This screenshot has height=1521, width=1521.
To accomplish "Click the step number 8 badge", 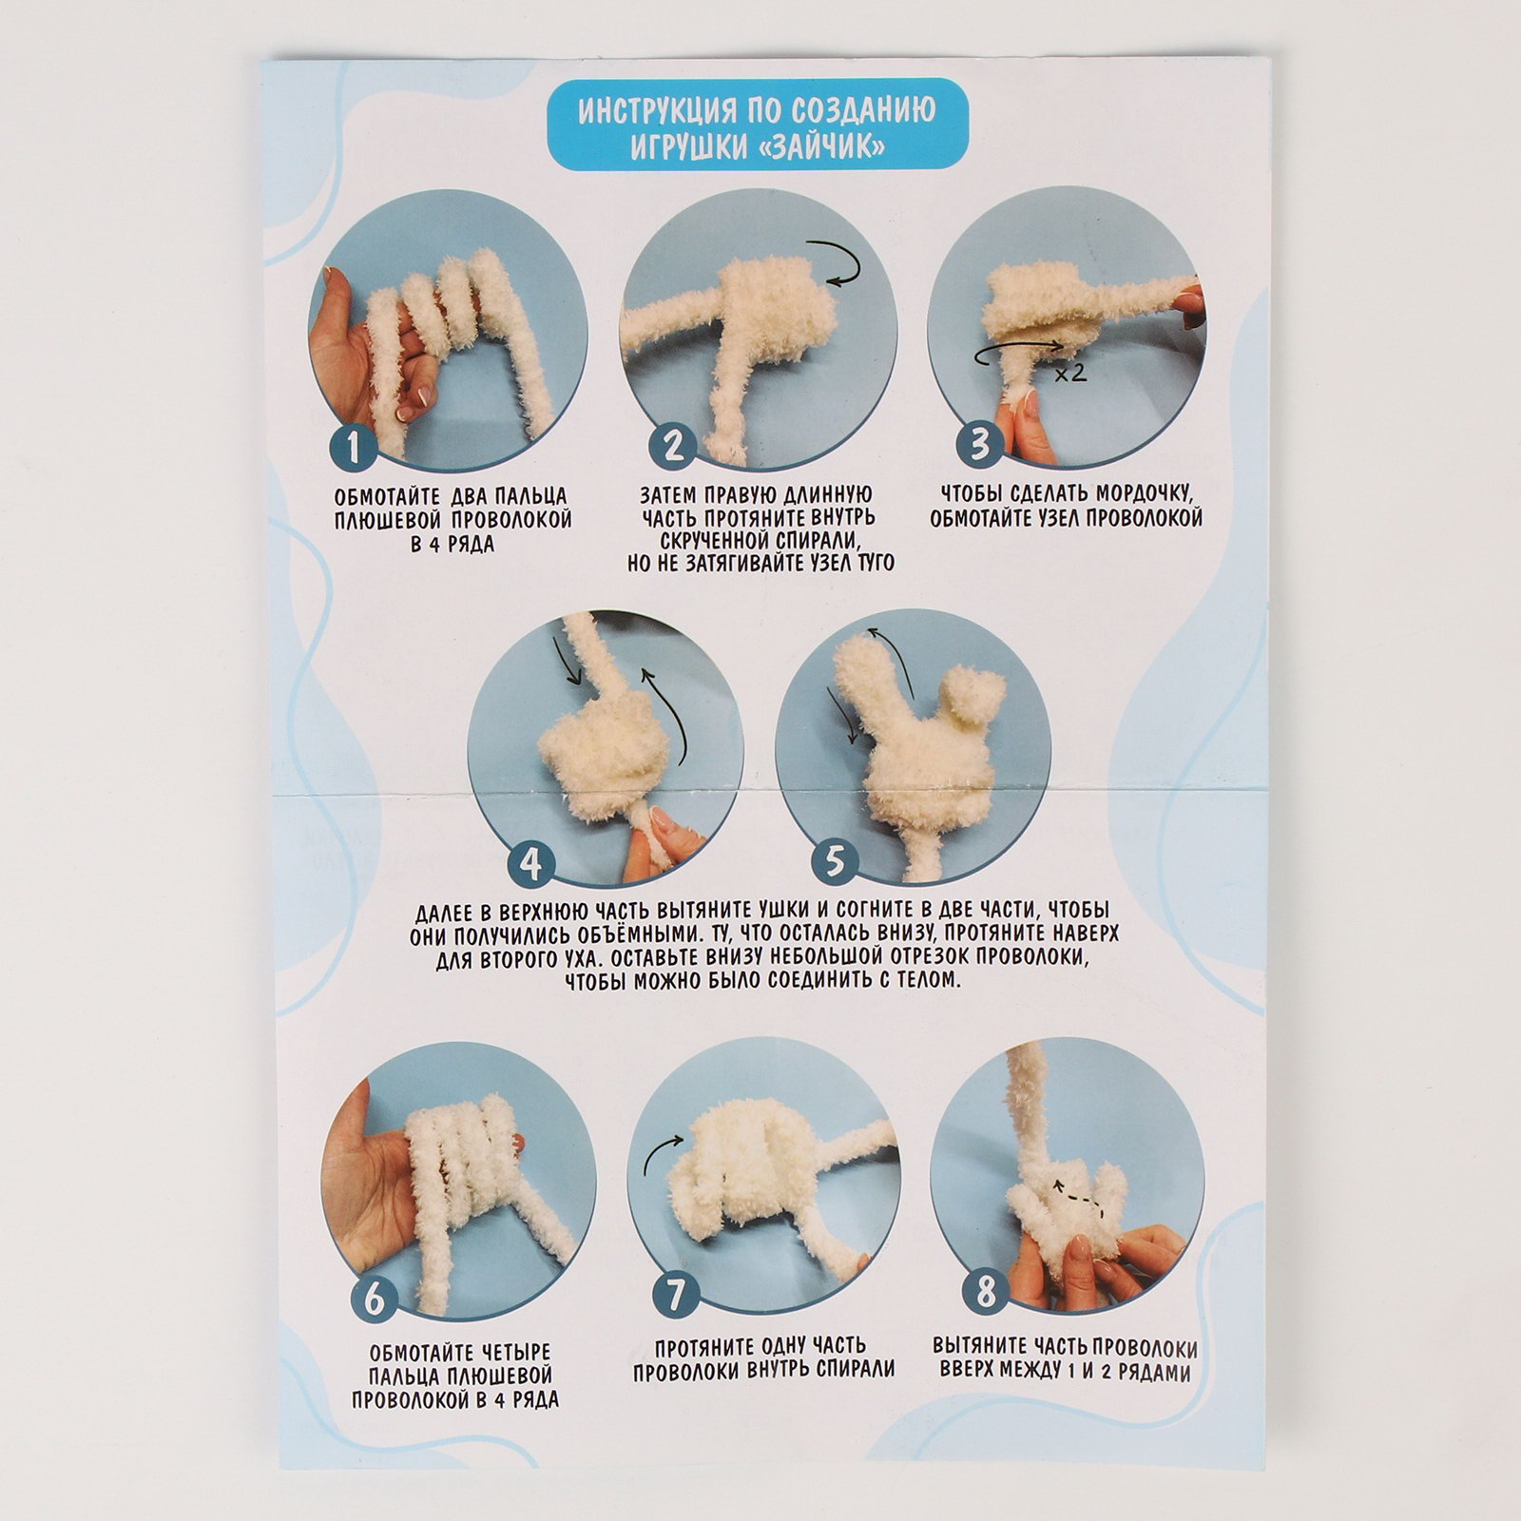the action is pos(986,1292).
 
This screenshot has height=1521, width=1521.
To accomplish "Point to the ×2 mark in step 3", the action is pos(1069,373).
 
